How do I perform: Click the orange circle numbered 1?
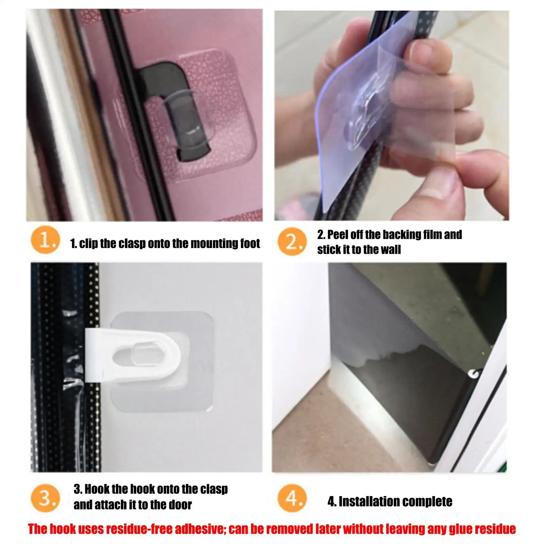(x=45, y=240)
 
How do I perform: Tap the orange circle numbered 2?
(x=292, y=242)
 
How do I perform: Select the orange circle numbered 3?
(x=45, y=498)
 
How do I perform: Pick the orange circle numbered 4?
(x=292, y=498)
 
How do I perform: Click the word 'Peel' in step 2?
(x=338, y=234)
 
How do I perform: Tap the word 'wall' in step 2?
(x=390, y=250)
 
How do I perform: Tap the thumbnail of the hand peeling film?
(x=392, y=116)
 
